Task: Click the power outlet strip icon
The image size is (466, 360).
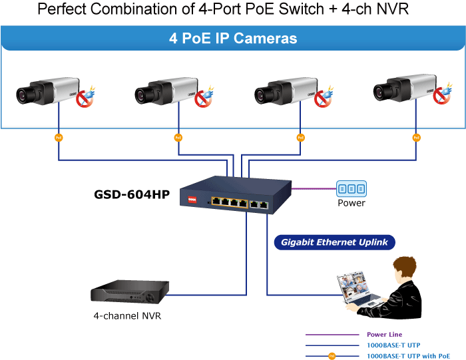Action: click(x=351, y=188)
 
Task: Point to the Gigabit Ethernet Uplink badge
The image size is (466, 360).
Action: click(x=335, y=242)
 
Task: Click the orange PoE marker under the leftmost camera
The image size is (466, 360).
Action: click(x=59, y=138)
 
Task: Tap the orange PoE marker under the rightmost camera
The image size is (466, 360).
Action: click(x=417, y=138)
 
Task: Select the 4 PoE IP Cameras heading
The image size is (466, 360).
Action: click(x=233, y=39)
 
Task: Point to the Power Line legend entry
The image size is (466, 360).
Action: click(x=384, y=335)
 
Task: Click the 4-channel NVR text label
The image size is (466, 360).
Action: click(x=127, y=316)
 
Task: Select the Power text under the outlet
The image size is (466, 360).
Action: click(x=351, y=203)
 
